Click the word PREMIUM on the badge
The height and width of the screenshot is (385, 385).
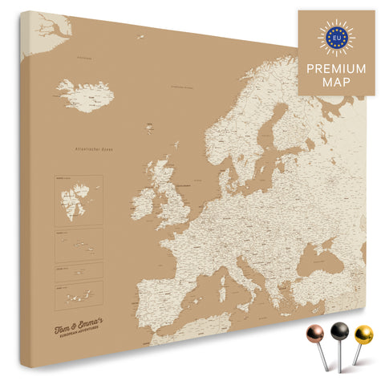tap(336, 68)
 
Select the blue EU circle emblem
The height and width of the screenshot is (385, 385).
tap(336, 36)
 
